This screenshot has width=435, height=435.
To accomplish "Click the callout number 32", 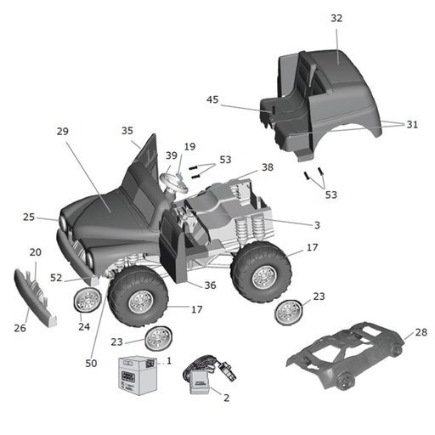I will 337,18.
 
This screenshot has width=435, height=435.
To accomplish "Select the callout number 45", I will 212,99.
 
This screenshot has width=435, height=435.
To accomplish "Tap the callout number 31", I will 412,124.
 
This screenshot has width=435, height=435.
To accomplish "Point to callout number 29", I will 62,132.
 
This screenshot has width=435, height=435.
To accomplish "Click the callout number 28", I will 421,332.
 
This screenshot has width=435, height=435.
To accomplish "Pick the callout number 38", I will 268,167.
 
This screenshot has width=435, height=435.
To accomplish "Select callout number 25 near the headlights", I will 29,217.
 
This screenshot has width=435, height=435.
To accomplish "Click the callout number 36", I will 210,285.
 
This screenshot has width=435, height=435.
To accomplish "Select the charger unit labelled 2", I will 201,375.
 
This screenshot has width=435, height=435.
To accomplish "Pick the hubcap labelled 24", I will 87,300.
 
